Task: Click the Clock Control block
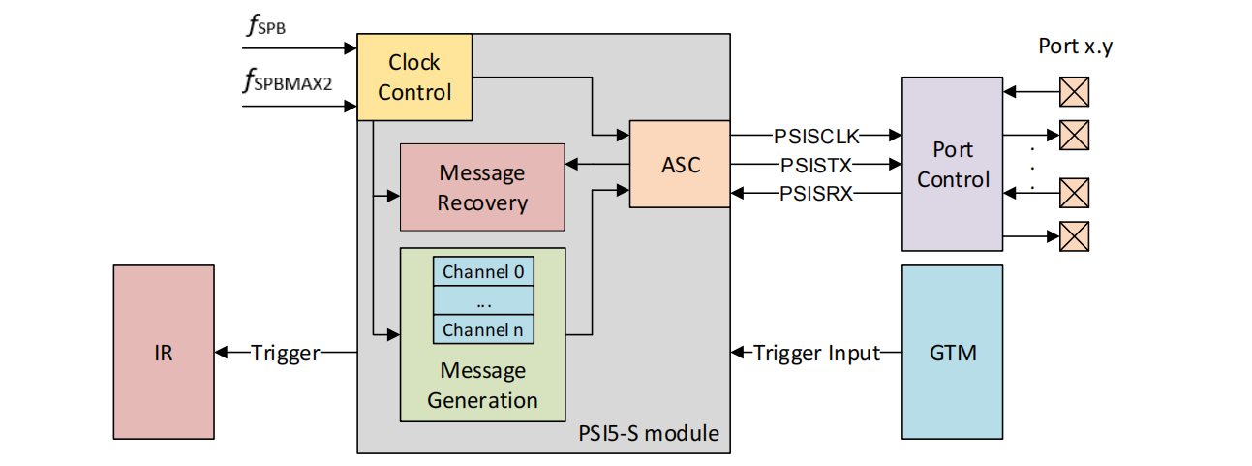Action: [x=414, y=78]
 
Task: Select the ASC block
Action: [x=679, y=164]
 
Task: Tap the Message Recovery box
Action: [x=482, y=188]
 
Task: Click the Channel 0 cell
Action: [x=482, y=272]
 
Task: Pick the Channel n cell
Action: [x=482, y=329]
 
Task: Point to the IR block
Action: [x=163, y=353]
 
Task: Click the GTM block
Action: [x=952, y=353]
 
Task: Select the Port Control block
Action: [x=952, y=165]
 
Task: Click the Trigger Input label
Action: [x=817, y=354]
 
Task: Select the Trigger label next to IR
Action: [x=285, y=354]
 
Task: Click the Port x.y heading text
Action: [x=1075, y=46]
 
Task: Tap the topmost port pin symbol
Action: [x=1074, y=92]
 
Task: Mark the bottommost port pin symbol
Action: [x=1074, y=235]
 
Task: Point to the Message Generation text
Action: [x=482, y=386]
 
